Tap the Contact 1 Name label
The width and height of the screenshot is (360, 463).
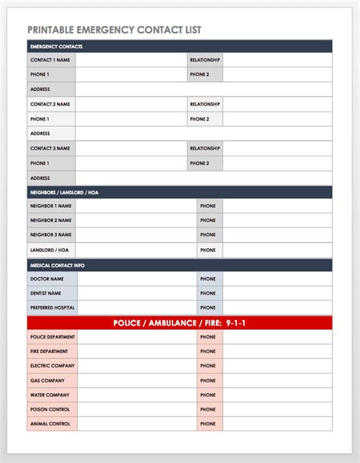tap(49, 60)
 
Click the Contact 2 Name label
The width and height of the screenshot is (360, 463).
tap(49, 104)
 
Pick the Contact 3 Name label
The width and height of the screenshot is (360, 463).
tap(49, 149)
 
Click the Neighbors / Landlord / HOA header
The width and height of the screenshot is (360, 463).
tap(64, 193)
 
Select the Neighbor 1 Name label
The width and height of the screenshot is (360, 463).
tap(50, 206)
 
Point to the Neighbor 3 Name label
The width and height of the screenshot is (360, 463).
tap(50, 235)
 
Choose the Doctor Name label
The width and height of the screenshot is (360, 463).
tap(46, 279)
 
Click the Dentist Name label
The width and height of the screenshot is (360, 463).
tap(46, 293)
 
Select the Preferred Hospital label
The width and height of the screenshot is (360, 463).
tap(52, 307)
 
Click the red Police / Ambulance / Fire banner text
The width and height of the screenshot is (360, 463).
tap(179, 323)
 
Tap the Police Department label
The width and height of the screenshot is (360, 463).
tap(52, 337)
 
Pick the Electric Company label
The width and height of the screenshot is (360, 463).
tap(52, 366)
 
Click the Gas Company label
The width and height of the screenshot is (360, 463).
tap(46, 380)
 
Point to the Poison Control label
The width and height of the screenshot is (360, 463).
tap(49, 409)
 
